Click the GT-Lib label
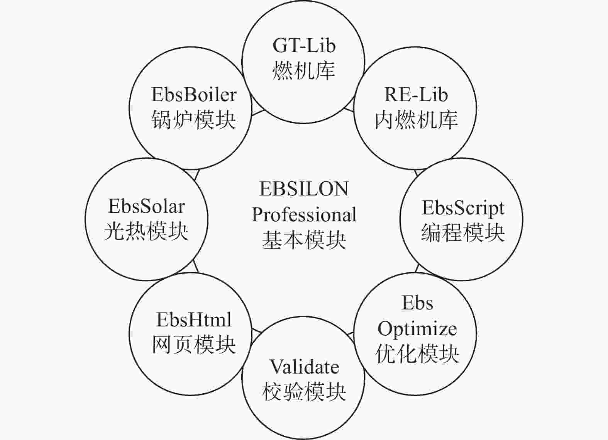(x=304, y=46)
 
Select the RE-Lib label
(x=416, y=95)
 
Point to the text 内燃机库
(x=416, y=120)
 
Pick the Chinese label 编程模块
(x=463, y=233)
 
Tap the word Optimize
(x=417, y=330)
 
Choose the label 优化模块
(x=417, y=354)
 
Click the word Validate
(x=304, y=367)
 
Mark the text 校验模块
(x=304, y=392)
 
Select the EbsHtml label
(x=194, y=319)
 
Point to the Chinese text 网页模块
(x=194, y=345)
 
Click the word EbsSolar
(x=147, y=206)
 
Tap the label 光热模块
(x=146, y=231)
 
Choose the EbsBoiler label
(x=194, y=95)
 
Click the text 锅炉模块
(x=193, y=120)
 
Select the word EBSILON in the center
(x=304, y=189)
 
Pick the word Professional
(x=304, y=214)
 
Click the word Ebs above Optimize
(x=417, y=302)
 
